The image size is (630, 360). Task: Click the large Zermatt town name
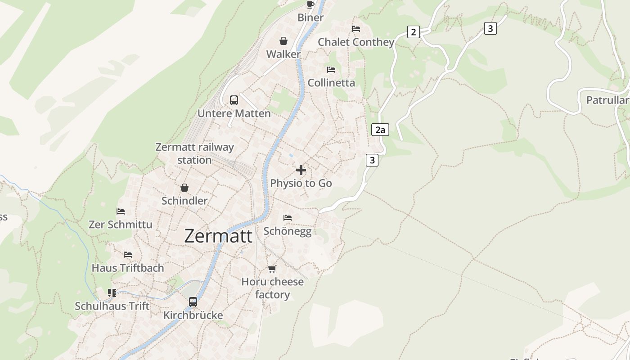tap(218, 236)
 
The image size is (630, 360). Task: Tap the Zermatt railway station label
tap(194, 153)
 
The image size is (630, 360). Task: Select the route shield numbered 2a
tap(380, 130)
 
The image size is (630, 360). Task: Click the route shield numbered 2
tap(413, 32)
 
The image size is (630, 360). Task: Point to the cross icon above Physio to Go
tap(301, 170)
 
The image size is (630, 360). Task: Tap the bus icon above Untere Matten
tap(234, 100)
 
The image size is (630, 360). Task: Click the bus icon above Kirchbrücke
tap(193, 302)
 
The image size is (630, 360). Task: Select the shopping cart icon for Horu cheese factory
tap(272, 269)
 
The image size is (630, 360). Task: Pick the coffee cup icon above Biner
tap(310, 4)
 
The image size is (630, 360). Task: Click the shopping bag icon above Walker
tap(283, 41)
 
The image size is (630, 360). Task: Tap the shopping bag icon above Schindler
tap(184, 188)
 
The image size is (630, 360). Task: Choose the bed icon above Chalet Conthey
tap(356, 29)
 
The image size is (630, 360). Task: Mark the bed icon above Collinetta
tap(331, 70)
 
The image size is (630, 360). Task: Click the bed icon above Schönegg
tap(288, 218)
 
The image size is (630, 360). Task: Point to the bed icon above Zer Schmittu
tap(121, 211)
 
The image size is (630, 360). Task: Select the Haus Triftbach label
tap(128, 268)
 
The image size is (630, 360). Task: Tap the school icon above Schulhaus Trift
tap(112, 293)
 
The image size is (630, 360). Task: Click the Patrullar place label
tap(607, 100)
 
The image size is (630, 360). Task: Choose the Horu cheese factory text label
tap(273, 288)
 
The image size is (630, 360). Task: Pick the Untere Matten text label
tap(234, 113)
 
